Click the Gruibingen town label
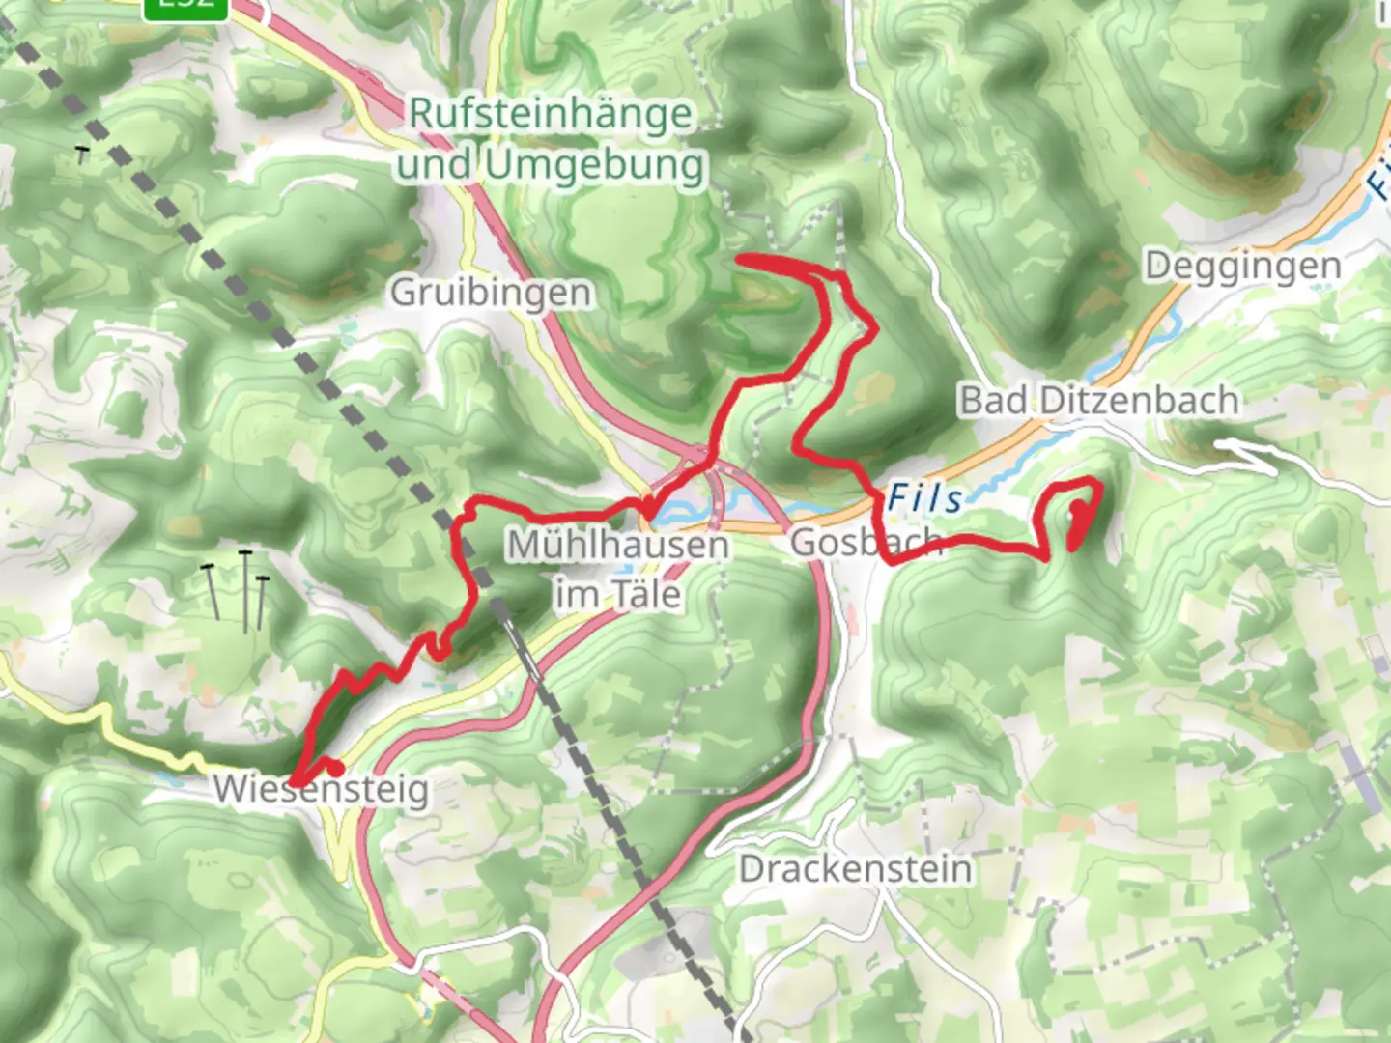tap(491, 292)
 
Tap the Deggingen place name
tap(1242, 266)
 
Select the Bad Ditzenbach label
tap(1098, 400)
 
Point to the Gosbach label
tap(866, 543)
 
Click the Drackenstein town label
tap(855, 868)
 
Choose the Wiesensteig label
tap(321, 790)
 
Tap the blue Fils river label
tap(924, 498)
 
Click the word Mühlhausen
tap(618, 545)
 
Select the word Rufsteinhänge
tap(551, 114)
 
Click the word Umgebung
tap(595, 165)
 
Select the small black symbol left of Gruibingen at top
tap(83, 153)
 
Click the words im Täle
tap(618, 594)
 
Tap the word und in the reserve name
tap(435, 165)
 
